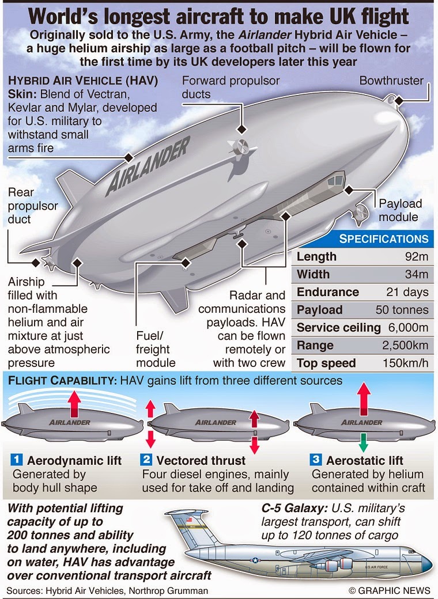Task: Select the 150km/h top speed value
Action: (x=406, y=363)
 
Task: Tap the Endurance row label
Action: (x=327, y=292)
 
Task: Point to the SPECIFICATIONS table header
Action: (x=383, y=239)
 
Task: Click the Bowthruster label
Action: (x=391, y=81)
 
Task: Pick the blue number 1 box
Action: (x=17, y=460)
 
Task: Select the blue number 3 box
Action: (x=316, y=460)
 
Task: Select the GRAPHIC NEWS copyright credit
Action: (x=390, y=590)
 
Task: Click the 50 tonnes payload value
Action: (x=402, y=310)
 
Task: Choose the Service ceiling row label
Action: (x=338, y=328)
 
